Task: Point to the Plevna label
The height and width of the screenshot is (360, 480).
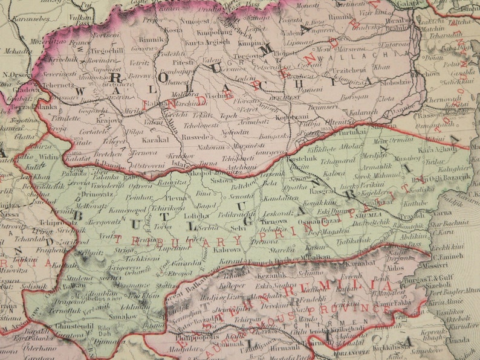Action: point(177,197)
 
